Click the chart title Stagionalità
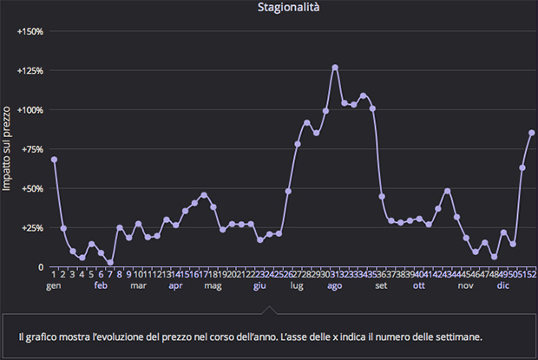[x=289, y=8]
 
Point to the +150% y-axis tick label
[x=30, y=31]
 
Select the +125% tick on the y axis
[x=30, y=70]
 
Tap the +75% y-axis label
[x=32, y=149]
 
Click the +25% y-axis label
[x=32, y=227]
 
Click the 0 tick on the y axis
[x=40, y=267]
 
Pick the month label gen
[x=54, y=285]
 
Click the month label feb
[x=101, y=285]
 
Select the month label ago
[x=335, y=285]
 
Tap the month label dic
[x=503, y=285]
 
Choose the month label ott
[x=419, y=285]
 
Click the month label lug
[x=298, y=285]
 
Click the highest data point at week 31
[x=335, y=67]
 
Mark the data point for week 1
[x=54, y=160]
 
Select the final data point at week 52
[x=532, y=133]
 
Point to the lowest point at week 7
[x=110, y=262]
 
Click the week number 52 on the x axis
[x=531, y=274]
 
